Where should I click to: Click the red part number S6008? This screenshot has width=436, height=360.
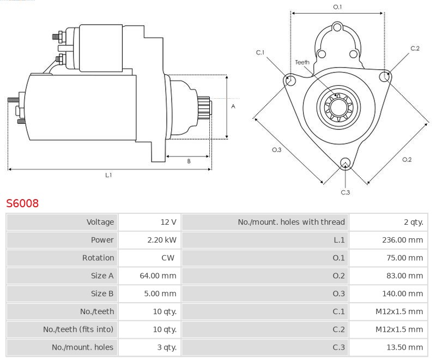tap(22, 203)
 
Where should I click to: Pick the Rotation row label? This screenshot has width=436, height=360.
tap(98, 258)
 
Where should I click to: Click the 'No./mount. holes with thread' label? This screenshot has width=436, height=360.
tap(291, 222)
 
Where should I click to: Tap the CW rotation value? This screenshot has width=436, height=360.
tap(168, 258)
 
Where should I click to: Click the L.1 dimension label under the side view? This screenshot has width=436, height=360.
tap(108, 175)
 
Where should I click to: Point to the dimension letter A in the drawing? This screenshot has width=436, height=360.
tap(233, 106)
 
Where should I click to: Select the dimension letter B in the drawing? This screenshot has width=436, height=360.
tap(189, 161)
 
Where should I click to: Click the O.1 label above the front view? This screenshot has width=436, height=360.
tap(337, 7)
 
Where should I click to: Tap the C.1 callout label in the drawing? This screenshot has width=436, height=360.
tap(260, 52)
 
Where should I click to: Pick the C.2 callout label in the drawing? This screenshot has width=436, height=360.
tap(415, 49)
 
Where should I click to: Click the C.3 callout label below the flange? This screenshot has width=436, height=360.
tap(345, 192)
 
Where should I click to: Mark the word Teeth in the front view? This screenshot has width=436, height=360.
tap(302, 62)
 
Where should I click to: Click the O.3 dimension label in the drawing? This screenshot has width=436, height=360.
tap(276, 150)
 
